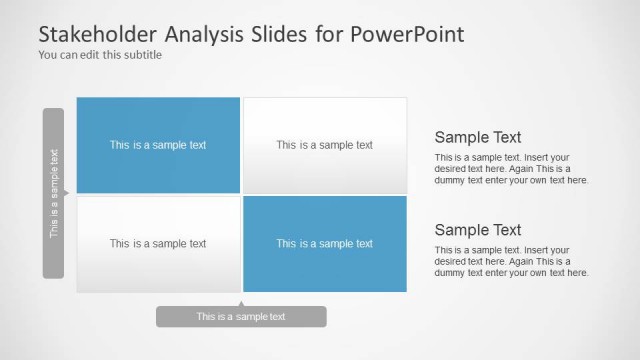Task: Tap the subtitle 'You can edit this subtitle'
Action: pos(99,55)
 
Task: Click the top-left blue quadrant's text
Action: pos(158,145)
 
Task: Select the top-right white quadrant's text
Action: pos(324,145)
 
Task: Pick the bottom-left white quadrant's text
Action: pos(158,243)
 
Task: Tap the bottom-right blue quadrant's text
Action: pos(324,243)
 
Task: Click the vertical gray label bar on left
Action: pos(53,193)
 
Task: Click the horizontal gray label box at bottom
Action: pos(241,317)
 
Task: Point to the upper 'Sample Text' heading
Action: pos(478,137)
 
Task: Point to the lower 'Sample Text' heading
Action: pos(478,229)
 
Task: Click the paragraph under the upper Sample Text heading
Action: pos(511,169)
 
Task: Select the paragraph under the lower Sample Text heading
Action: pos(511,261)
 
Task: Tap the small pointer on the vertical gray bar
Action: pos(66,192)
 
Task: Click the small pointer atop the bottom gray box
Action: pos(241,303)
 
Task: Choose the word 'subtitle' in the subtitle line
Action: pos(141,55)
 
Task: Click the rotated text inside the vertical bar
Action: pos(54,193)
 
